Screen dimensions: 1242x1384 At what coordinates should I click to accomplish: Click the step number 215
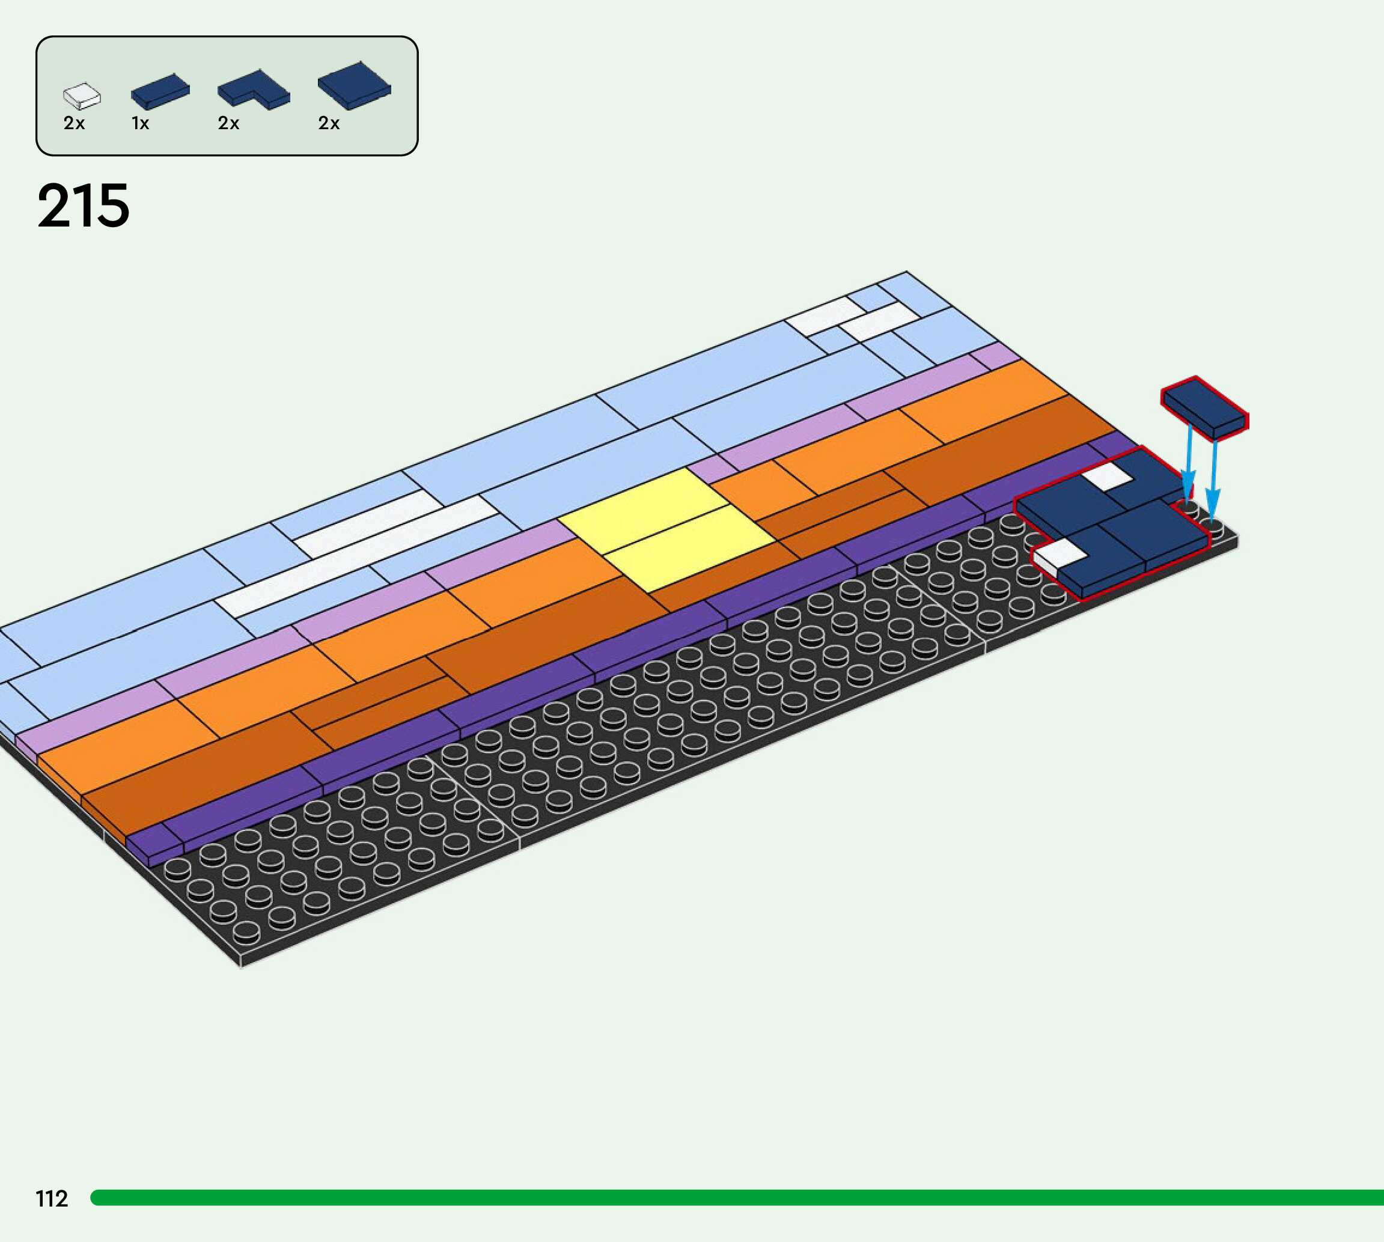(x=84, y=206)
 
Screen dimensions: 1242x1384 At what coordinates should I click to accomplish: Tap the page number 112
(x=52, y=1198)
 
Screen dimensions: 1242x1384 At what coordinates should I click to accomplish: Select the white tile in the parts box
(x=82, y=96)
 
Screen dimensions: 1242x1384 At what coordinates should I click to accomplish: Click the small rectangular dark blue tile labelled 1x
(x=160, y=91)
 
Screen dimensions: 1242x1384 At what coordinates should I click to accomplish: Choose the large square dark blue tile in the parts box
(x=354, y=85)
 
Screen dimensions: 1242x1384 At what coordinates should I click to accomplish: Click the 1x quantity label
(x=141, y=124)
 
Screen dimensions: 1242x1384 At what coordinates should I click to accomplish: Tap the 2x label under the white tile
(x=75, y=124)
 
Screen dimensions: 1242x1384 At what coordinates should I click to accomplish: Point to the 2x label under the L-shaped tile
(x=228, y=124)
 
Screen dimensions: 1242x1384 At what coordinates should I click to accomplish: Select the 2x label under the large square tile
(x=329, y=124)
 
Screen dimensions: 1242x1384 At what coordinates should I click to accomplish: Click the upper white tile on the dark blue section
(x=1107, y=476)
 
